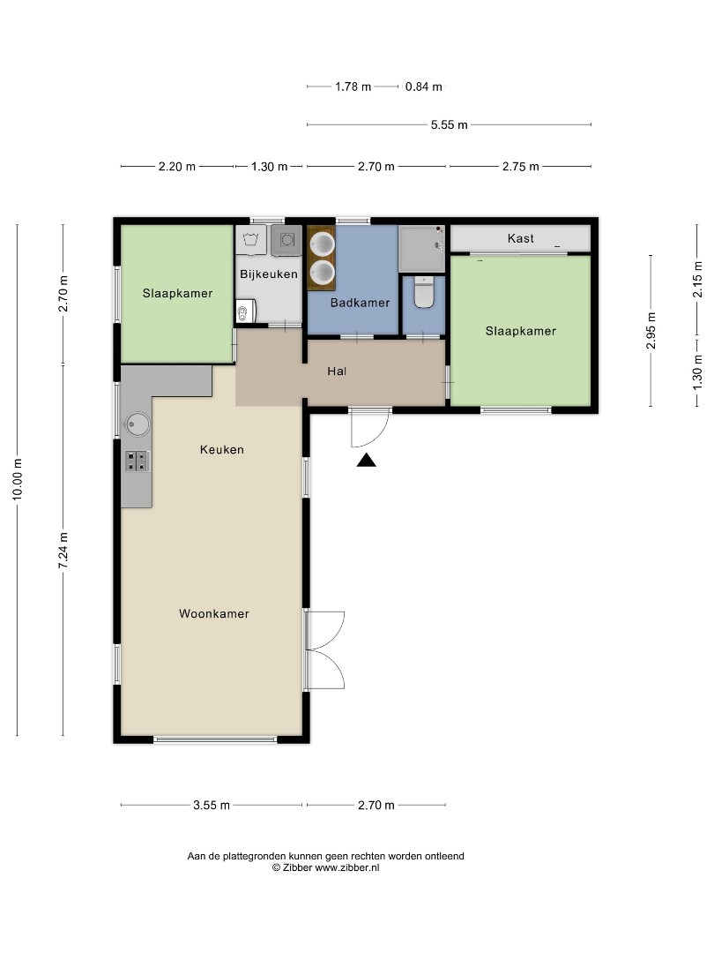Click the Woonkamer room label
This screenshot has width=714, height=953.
click(x=213, y=613)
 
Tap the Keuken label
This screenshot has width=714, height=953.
click(x=221, y=449)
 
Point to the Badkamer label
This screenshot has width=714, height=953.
click(x=360, y=303)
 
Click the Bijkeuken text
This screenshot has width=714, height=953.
click(x=269, y=274)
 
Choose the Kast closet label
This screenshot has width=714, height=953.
click(x=520, y=238)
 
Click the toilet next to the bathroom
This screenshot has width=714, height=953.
click(x=424, y=293)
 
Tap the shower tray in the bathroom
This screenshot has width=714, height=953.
click(x=421, y=248)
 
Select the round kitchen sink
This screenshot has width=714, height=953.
click(x=137, y=424)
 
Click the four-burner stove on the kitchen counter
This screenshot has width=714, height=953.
click(x=137, y=460)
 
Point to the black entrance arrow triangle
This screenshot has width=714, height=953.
click(x=366, y=459)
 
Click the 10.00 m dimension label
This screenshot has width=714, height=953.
click(x=18, y=481)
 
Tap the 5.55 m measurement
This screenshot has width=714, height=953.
click(x=449, y=125)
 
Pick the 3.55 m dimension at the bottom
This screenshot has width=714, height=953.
click(x=212, y=805)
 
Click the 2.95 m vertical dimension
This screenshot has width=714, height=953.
click(x=651, y=331)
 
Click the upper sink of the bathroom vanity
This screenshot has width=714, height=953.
click(x=322, y=244)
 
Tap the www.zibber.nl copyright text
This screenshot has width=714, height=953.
click(x=325, y=867)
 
